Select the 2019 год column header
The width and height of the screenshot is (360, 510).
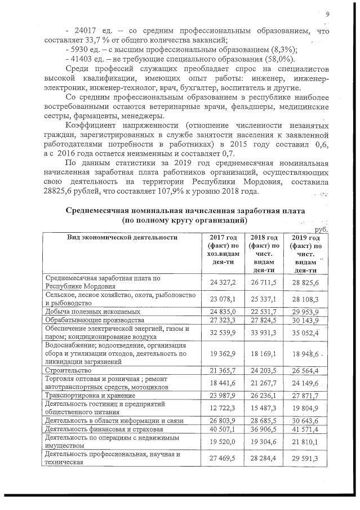point(307,237)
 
